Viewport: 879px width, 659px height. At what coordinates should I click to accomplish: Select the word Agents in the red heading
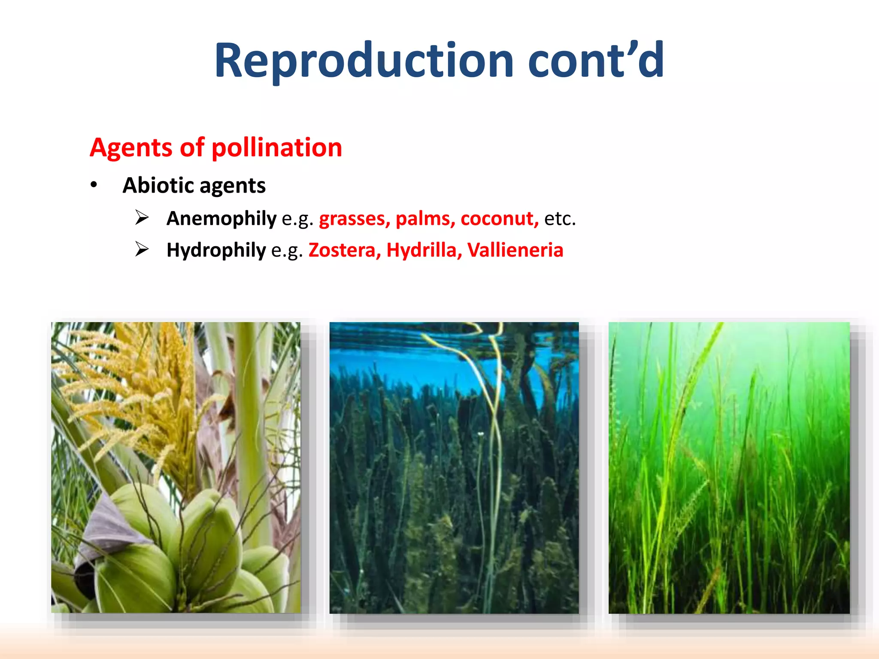[x=131, y=148]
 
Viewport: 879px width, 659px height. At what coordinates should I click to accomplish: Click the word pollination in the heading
[x=277, y=148]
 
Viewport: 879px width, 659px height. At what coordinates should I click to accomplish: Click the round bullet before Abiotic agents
[x=94, y=185]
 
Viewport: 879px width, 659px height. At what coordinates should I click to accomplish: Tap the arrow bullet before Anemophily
[x=142, y=218]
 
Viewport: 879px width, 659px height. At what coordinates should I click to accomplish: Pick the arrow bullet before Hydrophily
[x=142, y=249]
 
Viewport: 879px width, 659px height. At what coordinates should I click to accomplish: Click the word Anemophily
[x=221, y=218]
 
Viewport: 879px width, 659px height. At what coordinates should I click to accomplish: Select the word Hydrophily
[x=216, y=250]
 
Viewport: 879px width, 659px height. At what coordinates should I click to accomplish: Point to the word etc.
[x=560, y=218]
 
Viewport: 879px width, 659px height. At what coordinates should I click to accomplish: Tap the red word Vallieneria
[x=515, y=250]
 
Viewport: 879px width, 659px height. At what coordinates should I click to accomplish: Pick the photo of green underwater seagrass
[x=729, y=468]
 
